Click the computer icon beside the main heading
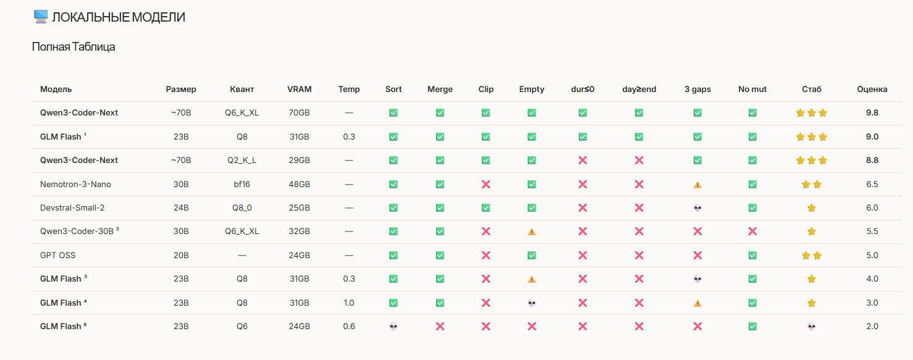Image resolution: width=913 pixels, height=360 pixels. click(x=41, y=17)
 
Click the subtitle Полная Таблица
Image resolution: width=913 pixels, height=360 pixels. click(x=74, y=47)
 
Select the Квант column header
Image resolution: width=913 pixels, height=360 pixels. click(x=242, y=89)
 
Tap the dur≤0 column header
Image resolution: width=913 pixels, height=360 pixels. click(x=583, y=89)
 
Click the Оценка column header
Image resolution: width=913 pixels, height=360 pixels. click(x=872, y=89)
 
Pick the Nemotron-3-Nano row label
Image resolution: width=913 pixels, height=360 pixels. click(x=75, y=184)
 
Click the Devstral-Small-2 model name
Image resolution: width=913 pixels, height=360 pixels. click(x=72, y=207)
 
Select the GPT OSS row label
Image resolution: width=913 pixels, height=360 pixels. click(x=57, y=256)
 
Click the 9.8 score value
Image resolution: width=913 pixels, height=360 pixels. click(x=872, y=113)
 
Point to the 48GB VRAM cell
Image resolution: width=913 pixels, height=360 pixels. click(x=299, y=184)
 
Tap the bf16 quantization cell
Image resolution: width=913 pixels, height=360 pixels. click(x=242, y=184)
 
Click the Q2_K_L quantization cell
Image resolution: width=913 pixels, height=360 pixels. click(x=242, y=161)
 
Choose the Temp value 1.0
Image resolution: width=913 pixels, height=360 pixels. click(x=348, y=303)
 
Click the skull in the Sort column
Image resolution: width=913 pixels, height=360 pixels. click(x=393, y=326)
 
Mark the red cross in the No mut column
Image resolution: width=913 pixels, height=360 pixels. click(x=752, y=232)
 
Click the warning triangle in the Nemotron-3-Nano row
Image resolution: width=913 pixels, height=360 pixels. click(x=697, y=185)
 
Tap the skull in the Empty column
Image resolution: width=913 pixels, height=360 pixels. click(x=531, y=303)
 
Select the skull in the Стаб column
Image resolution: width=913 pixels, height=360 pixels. click(x=812, y=326)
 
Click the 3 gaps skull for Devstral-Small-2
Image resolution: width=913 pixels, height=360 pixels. click(x=697, y=208)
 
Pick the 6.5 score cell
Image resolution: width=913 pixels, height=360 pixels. click(x=872, y=184)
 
